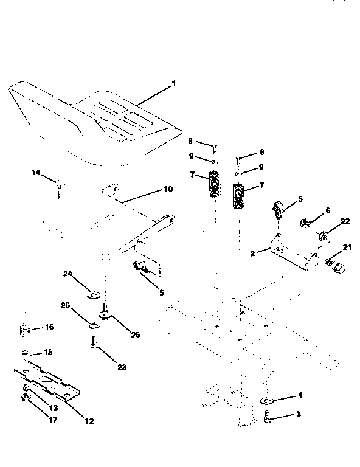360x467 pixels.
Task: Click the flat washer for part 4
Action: click(267, 400)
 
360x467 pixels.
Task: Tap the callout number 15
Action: click(47, 352)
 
